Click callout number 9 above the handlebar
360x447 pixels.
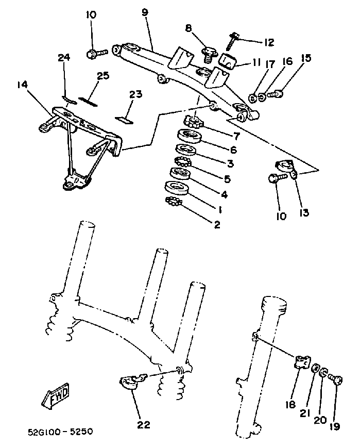point(143,11)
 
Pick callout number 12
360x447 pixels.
point(268,42)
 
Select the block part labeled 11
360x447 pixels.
point(227,61)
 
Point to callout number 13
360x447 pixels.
point(304,212)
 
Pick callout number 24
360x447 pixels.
point(64,58)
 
